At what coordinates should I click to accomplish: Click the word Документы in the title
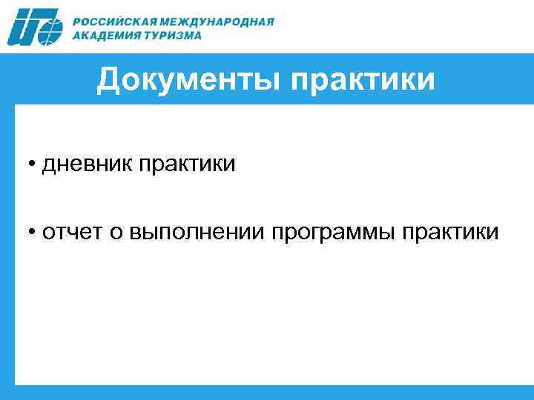point(188,80)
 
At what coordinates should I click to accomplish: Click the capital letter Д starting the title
point(109,80)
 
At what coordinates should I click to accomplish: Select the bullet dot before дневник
point(34,164)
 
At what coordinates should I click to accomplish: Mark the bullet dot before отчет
point(34,233)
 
